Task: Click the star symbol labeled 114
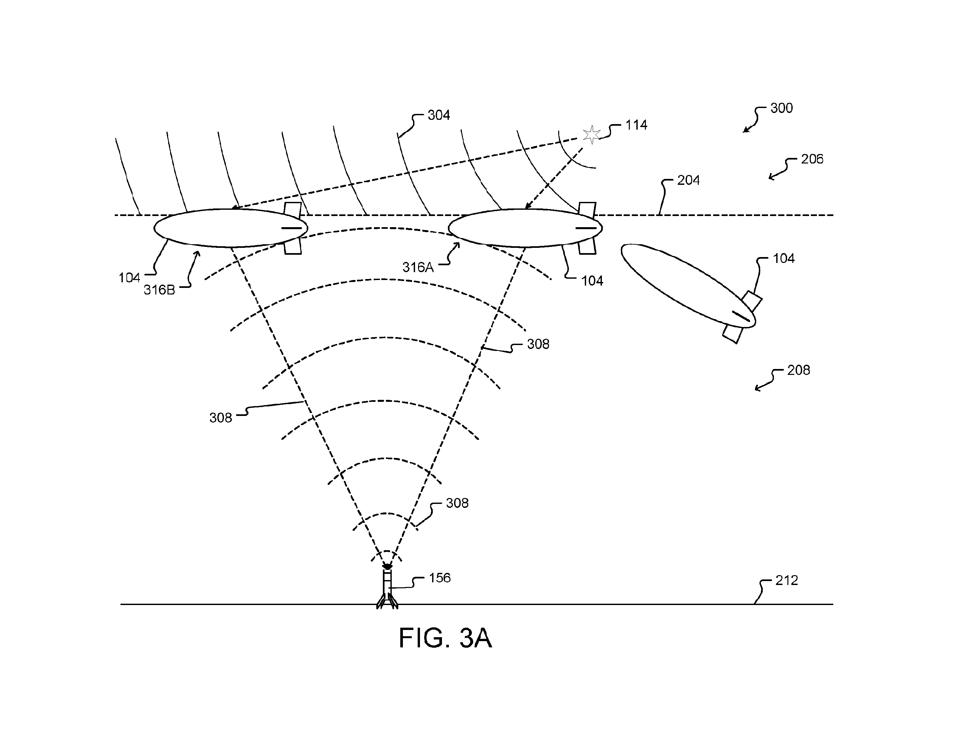tap(592, 135)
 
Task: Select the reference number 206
tap(812, 159)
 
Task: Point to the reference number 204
tap(689, 180)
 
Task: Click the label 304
tap(439, 115)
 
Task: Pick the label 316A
tap(418, 267)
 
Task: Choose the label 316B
tap(160, 290)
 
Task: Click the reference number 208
tap(799, 370)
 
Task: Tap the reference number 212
tap(787, 580)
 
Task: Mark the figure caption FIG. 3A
tap(445, 638)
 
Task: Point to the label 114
tap(636, 125)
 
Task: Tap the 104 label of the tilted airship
tap(783, 258)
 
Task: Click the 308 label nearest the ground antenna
tap(457, 503)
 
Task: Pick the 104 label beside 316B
tap(129, 278)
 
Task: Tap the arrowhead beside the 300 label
tap(745, 130)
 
